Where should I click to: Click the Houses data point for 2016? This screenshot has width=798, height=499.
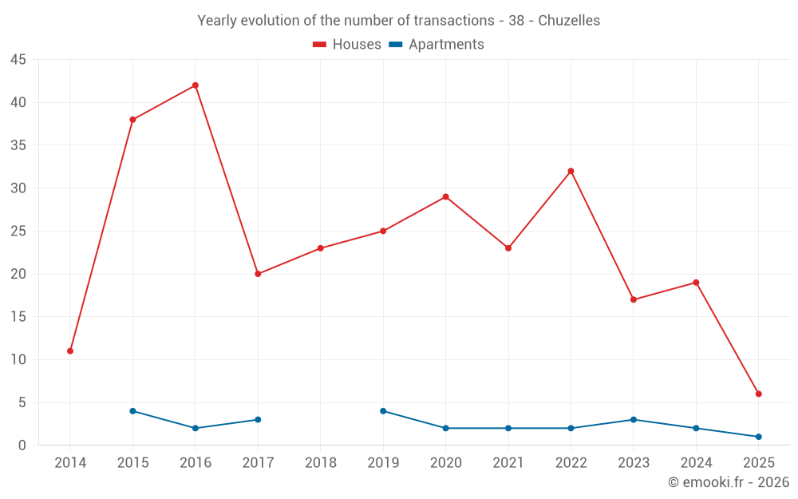[x=196, y=85]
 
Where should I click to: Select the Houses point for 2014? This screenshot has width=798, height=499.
[x=70, y=351]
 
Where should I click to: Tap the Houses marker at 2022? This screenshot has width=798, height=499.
[x=571, y=171]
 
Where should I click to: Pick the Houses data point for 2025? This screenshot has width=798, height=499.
[x=758, y=394]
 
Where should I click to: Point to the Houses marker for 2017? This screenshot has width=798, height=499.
[x=258, y=274]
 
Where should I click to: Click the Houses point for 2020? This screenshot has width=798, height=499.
[x=445, y=196]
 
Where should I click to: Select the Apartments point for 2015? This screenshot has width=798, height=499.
[x=132, y=411]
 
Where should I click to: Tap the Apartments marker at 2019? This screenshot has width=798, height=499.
[x=383, y=411]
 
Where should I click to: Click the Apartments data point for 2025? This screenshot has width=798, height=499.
[x=758, y=437]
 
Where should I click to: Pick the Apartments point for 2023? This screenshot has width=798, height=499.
[x=634, y=420]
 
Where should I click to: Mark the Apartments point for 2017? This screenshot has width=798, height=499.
[x=258, y=420]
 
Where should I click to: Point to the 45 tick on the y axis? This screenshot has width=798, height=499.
[x=18, y=60]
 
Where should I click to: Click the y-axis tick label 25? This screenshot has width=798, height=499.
[x=18, y=232]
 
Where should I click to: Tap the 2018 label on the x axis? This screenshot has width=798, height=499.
[x=321, y=463]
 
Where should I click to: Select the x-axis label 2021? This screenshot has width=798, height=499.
[x=508, y=463]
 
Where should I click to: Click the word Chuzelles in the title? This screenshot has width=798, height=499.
[x=569, y=21]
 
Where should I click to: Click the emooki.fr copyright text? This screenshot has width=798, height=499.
[x=728, y=482]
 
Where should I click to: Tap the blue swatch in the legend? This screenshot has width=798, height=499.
[x=395, y=45]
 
